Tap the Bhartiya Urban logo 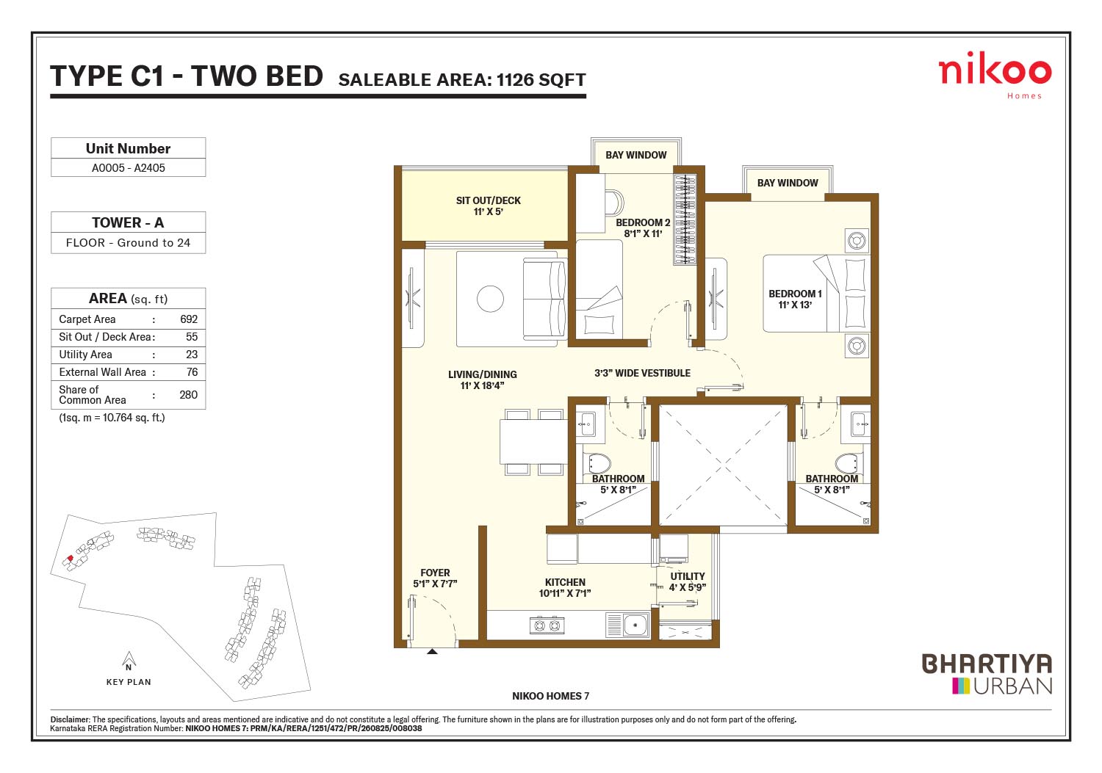[987, 673]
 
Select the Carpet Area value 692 [189, 319]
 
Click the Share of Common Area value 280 [188, 395]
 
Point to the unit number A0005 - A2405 [129, 167]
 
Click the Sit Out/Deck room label [488, 206]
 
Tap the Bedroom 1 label [795, 299]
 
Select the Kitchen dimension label [565, 593]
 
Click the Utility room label [687, 581]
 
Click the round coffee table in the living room [490, 299]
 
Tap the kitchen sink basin [635, 625]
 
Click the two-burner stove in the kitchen [547, 625]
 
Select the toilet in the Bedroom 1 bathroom [849, 462]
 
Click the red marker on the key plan [71, 558]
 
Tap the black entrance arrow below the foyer [432, 652]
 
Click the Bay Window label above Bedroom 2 [635, 155]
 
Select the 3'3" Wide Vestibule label [642, 373]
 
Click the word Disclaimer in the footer [70, 719]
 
